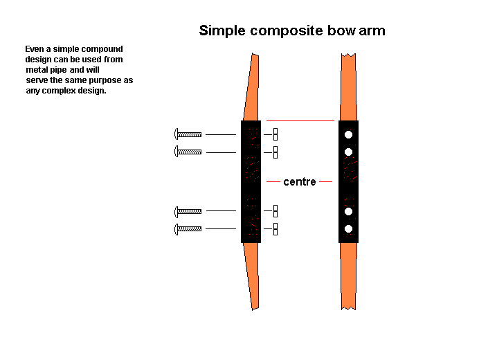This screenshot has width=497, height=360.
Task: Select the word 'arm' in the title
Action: coord(371,30)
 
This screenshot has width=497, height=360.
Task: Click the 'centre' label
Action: coord(300,182)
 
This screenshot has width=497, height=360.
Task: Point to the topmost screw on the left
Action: coord(188,134)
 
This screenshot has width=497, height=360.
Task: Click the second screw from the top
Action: coord(188,152)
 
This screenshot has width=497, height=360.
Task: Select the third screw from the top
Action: coord(188,210)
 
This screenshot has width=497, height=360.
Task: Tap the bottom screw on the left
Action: coord(188,228)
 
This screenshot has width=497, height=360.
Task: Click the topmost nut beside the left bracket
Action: coord(275,134)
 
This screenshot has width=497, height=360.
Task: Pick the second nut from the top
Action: coord(275,152)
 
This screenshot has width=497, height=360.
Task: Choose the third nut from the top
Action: coord(275,210)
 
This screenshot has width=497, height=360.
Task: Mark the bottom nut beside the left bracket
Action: coord(275,228)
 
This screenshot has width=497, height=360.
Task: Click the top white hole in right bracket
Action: coord(349,134)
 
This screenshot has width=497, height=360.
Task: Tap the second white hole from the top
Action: coord(349,152)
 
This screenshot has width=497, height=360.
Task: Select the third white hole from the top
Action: coord(349,211)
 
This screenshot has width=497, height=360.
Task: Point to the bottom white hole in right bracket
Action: coord(349,229)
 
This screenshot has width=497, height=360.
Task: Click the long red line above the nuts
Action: coord(300,120)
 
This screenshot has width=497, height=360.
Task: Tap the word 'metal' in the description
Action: coord(37,70)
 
